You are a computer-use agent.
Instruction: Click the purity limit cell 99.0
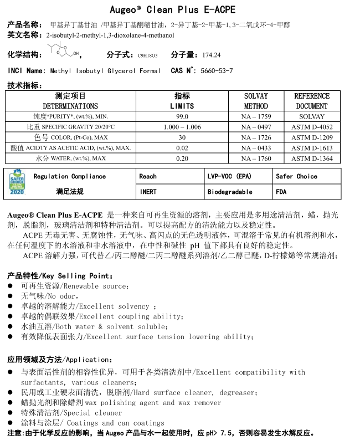tap(182, 116)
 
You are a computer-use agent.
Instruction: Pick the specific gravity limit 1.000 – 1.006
tap(182, 127)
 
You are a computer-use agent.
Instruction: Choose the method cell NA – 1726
tap(256, 137)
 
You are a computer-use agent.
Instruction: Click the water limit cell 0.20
tap(182, 158)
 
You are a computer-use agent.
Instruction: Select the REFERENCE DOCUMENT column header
tap(311, 101)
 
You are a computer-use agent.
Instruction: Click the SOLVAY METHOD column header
tap(256, 101)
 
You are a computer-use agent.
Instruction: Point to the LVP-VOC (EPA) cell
tap(229, 176)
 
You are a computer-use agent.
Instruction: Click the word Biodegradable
tap(230, 192)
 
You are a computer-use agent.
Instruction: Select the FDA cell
tap(282, 192)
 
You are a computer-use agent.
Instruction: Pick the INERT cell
tap(148, 192)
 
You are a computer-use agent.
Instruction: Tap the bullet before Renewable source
tap(11, 286)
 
